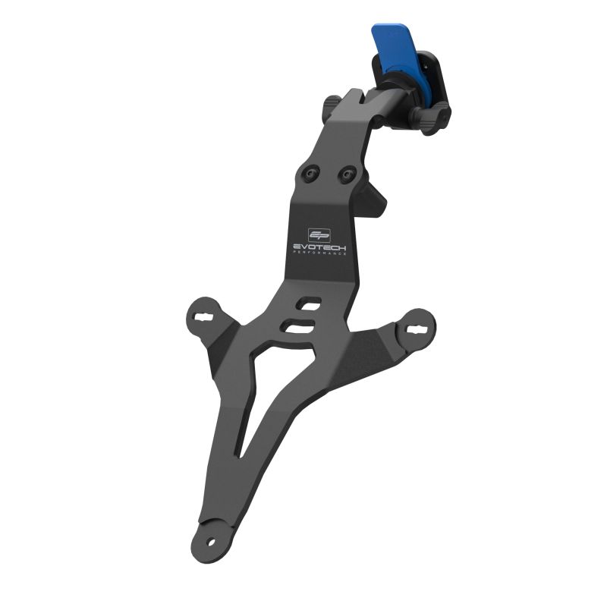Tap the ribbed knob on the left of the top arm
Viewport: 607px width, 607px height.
[335, 105]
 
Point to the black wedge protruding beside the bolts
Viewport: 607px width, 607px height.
[376, 199]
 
